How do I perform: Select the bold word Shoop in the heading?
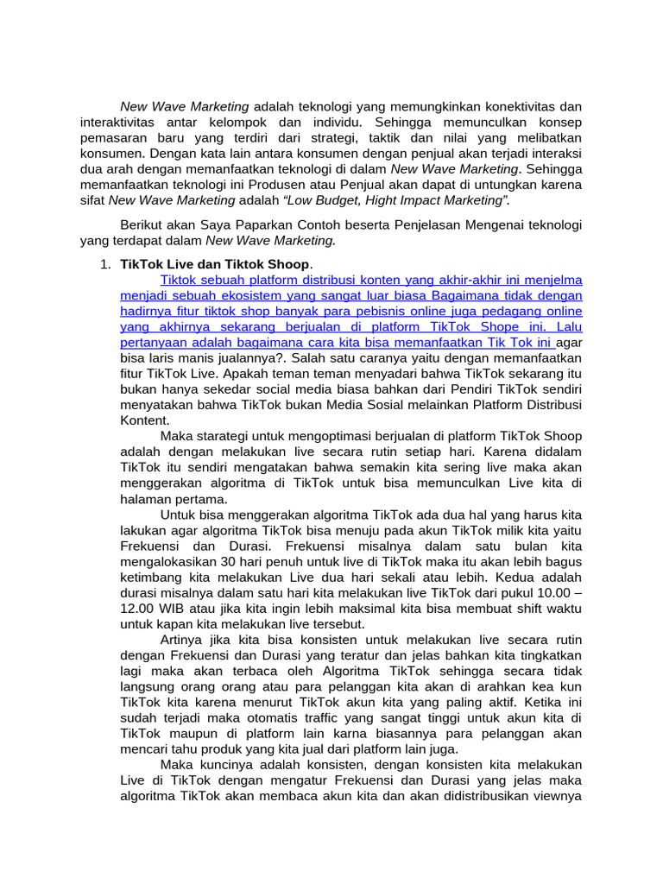(284, 264)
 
